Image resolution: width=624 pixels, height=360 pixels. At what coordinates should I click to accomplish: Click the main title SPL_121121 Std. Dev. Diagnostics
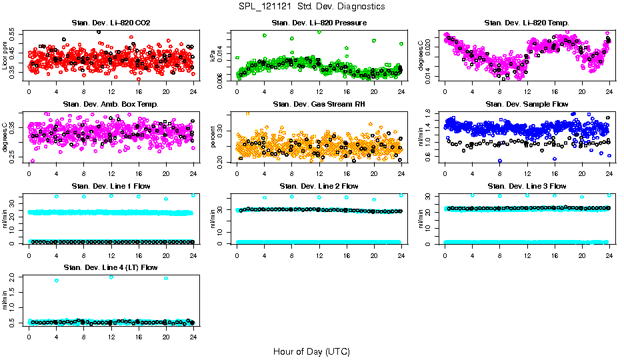coord(311,7)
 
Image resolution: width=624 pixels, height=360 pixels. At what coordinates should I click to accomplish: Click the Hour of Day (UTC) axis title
coord(311,351)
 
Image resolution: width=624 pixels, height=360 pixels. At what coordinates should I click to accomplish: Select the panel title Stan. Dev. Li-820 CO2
coord(111,23)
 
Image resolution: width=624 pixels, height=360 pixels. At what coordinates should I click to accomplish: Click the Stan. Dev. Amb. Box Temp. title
coord(111,104)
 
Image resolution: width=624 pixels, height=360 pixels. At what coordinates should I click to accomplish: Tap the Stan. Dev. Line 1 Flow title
coord(111,186)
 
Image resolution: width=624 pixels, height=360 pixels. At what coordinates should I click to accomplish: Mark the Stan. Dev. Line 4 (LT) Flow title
coord(111,267)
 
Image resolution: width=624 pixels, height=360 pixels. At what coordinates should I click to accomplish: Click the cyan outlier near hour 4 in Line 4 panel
coord(57,281)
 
